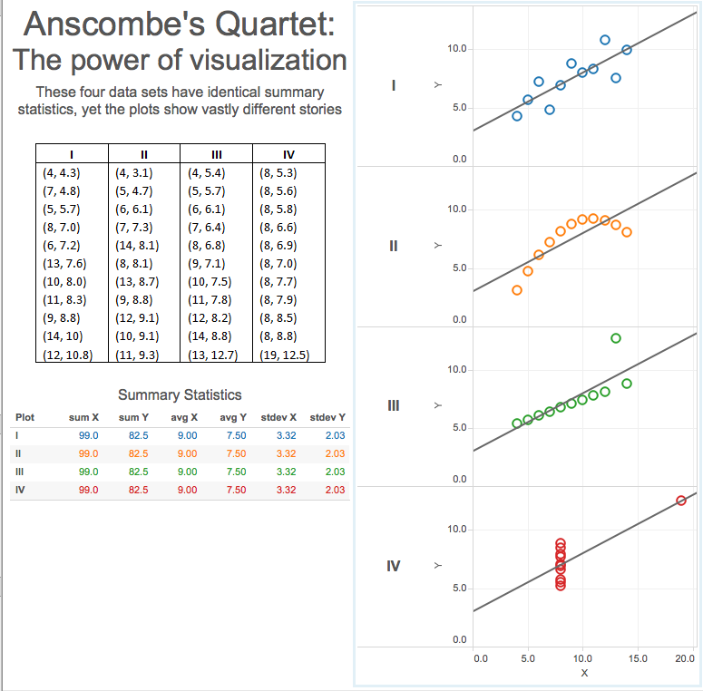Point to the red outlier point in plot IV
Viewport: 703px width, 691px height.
681,501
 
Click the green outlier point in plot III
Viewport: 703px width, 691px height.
616,338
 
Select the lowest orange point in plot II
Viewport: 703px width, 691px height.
517,290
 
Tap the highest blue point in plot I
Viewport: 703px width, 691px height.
605,40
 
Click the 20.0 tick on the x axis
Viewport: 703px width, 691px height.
686,657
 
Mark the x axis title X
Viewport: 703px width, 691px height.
584,673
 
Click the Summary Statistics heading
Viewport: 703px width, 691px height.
180,394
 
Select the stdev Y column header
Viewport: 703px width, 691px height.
327,418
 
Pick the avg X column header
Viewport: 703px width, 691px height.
185,418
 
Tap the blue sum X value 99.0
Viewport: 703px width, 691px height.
88,436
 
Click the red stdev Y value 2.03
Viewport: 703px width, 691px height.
335,490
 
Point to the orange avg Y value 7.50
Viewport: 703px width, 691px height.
235,453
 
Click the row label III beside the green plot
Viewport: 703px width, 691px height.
393,404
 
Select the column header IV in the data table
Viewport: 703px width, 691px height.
288,153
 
